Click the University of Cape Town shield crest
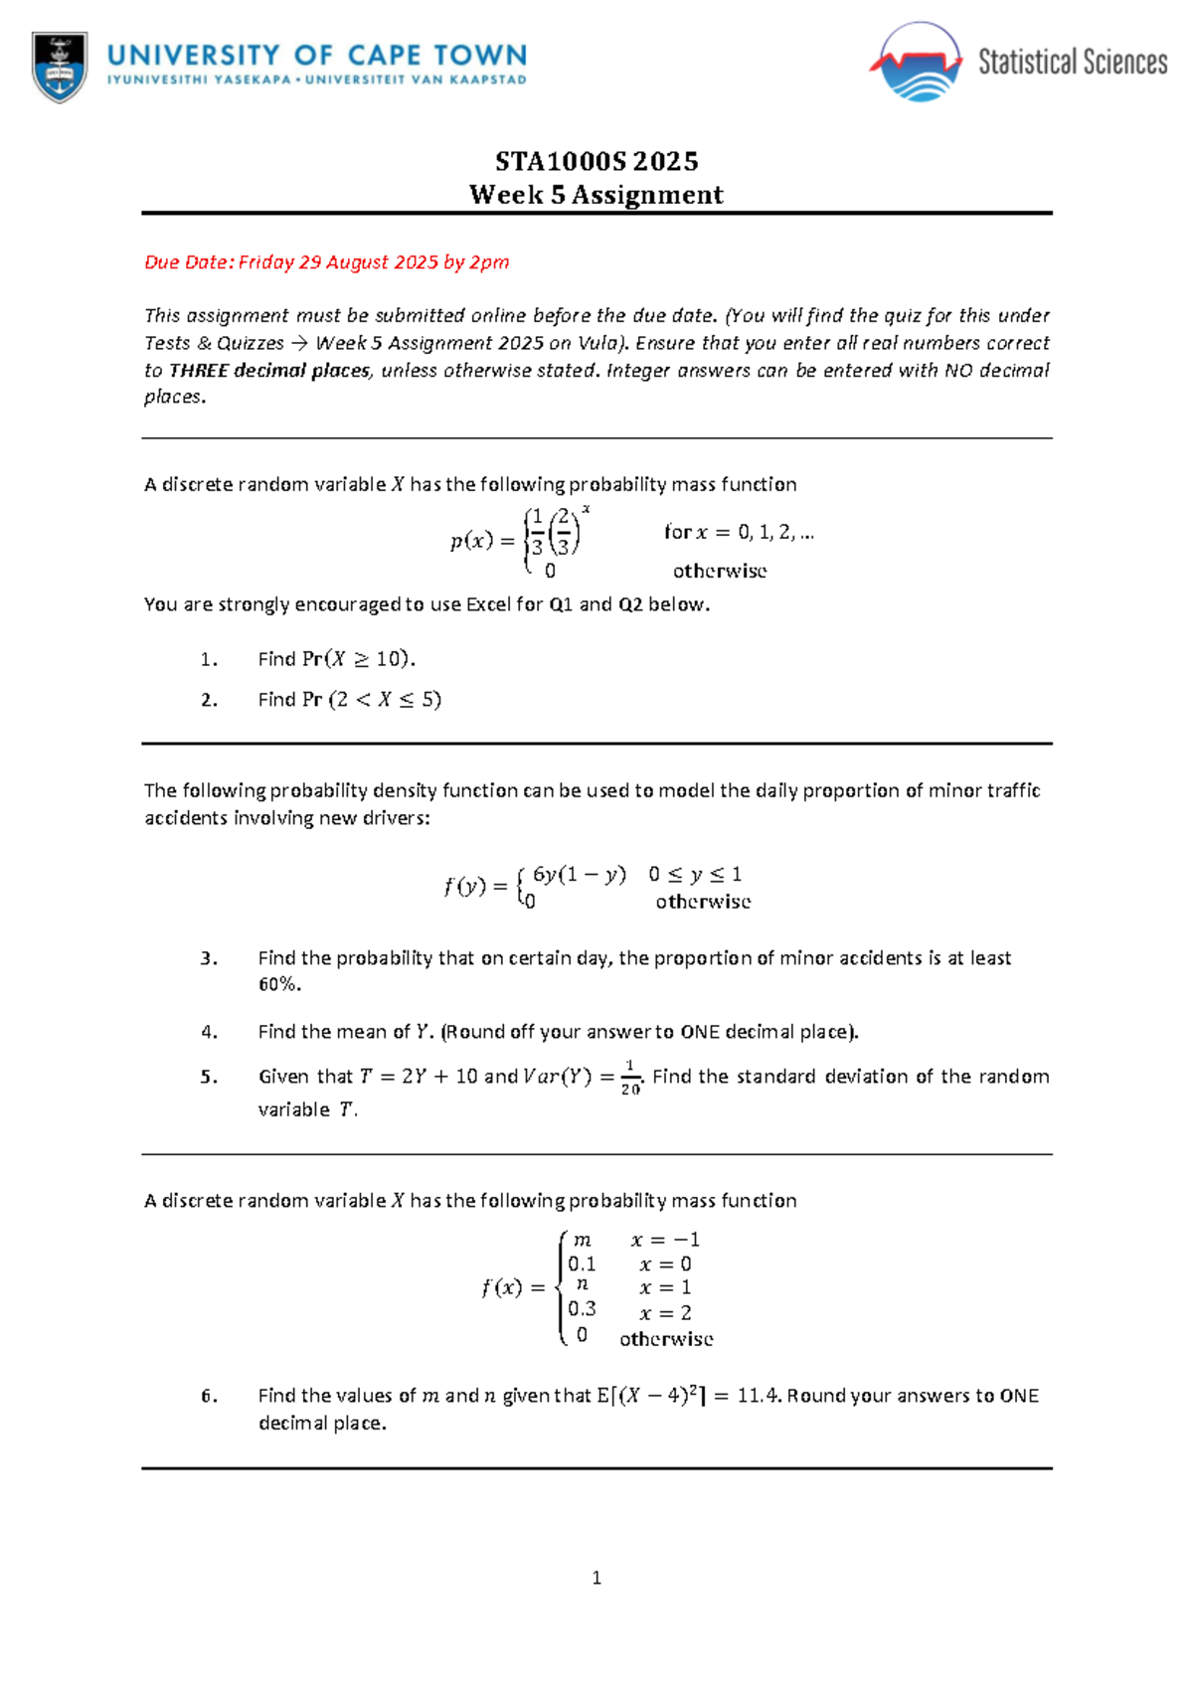60,67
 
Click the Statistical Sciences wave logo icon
916,64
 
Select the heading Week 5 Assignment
596,195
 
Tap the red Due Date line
326,262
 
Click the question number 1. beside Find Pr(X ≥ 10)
208,659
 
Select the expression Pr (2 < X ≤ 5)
372,700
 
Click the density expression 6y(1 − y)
579,875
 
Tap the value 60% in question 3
277,984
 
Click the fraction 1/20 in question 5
630,1078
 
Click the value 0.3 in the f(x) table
582,1309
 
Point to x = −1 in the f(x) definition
665,1240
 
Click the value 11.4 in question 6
760,1396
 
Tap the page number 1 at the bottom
596,1578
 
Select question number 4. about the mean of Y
208,1032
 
